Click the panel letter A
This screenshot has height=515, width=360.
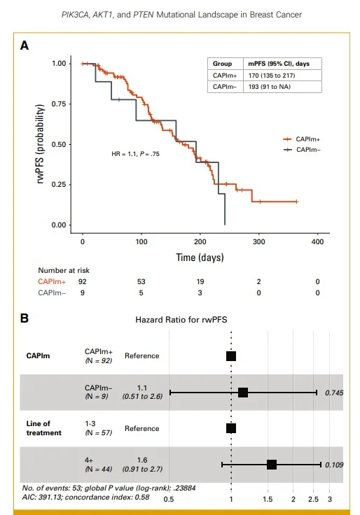(x=25, y=45)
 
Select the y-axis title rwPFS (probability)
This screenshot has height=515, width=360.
(x=41, y=144)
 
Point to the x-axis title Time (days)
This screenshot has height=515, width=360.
(x=200, y=257)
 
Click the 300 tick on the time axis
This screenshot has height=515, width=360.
(x=258, y=241)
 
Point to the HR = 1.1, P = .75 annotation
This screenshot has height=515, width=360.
(x=136, y=153)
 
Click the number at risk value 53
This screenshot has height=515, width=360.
(x=141, y=281)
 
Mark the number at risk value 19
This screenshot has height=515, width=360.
(x=200, y=281)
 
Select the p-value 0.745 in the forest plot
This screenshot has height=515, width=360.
(x=334, y=393)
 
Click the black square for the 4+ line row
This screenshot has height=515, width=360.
(x=272, y=465)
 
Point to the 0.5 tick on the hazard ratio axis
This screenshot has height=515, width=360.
(x=169, y=500)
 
